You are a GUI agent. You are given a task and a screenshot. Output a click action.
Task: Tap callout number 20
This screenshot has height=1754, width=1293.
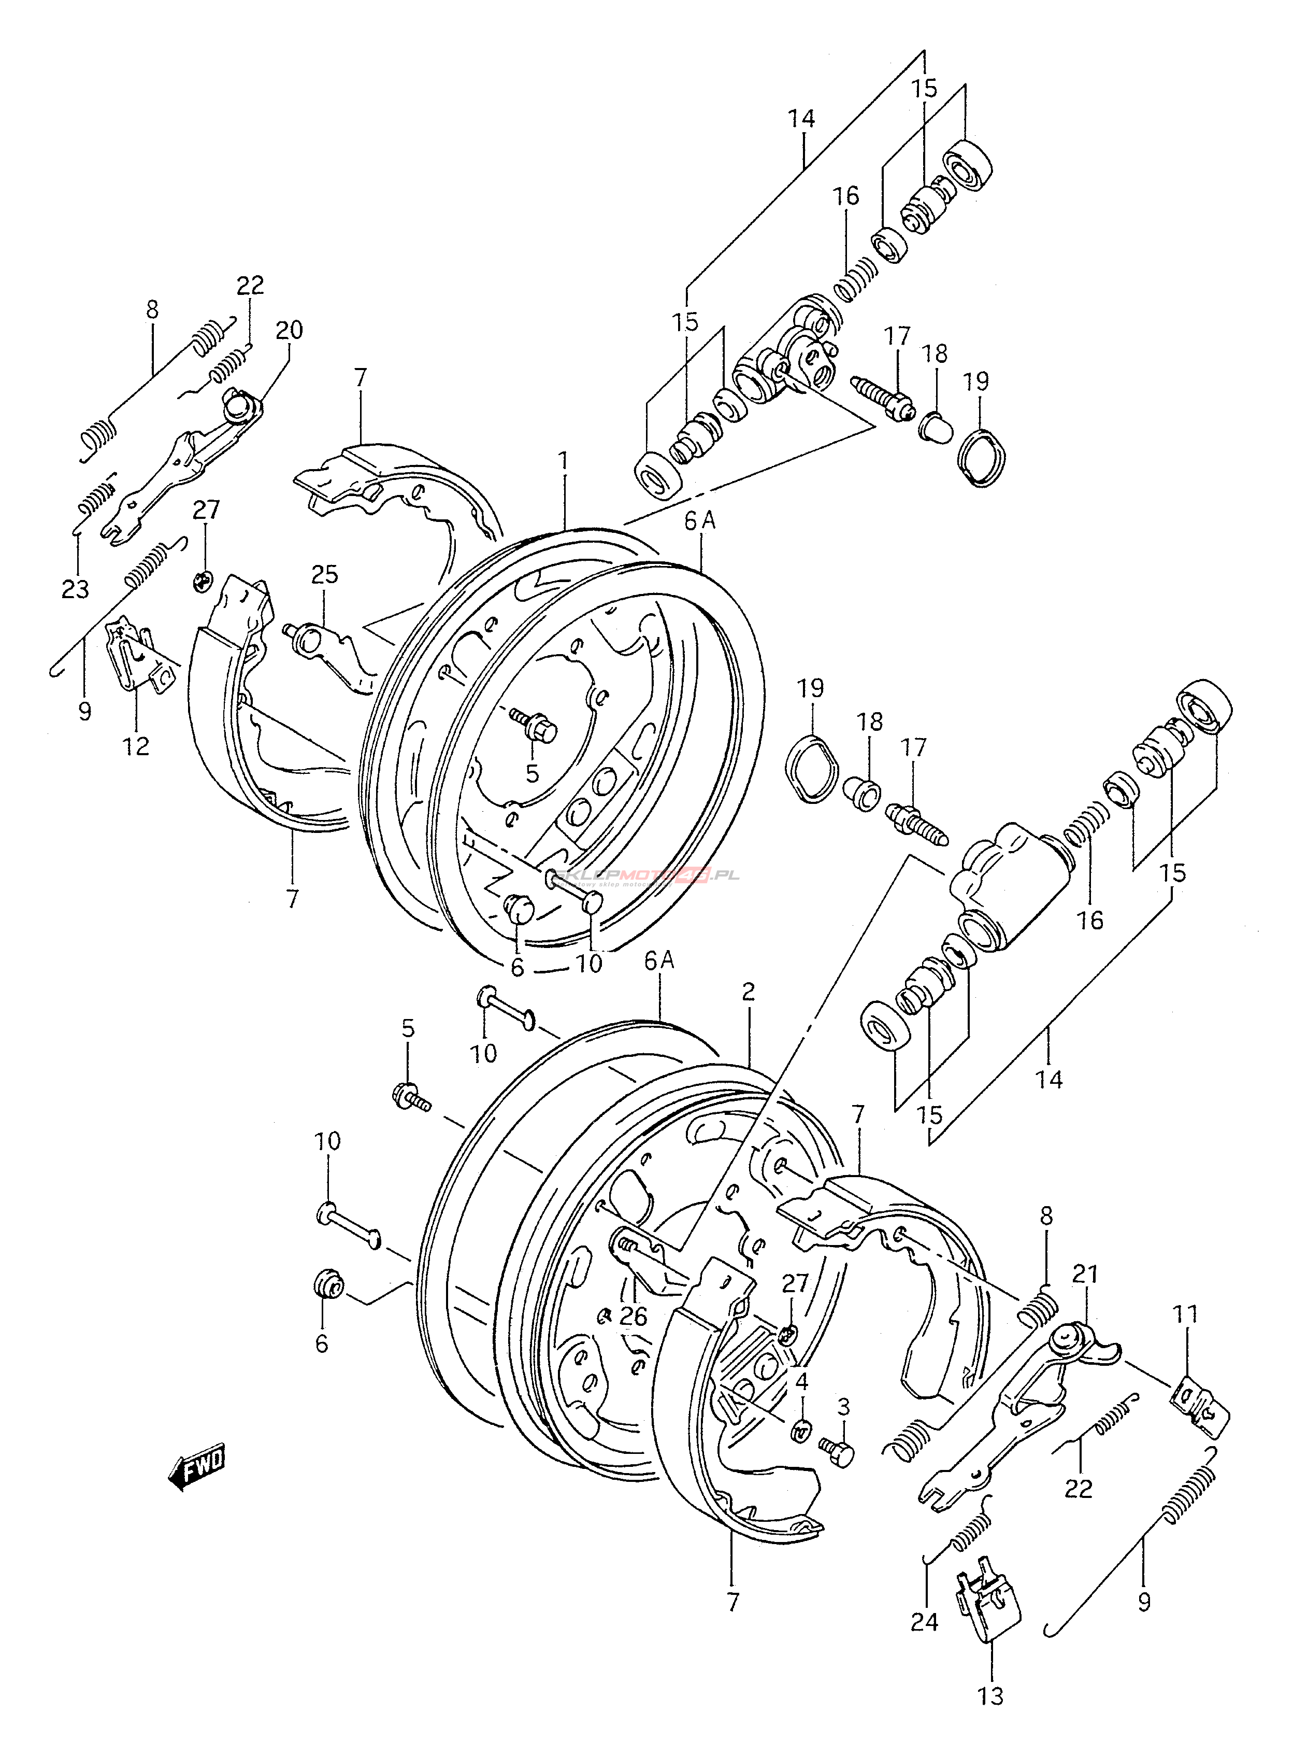point(289,330)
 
